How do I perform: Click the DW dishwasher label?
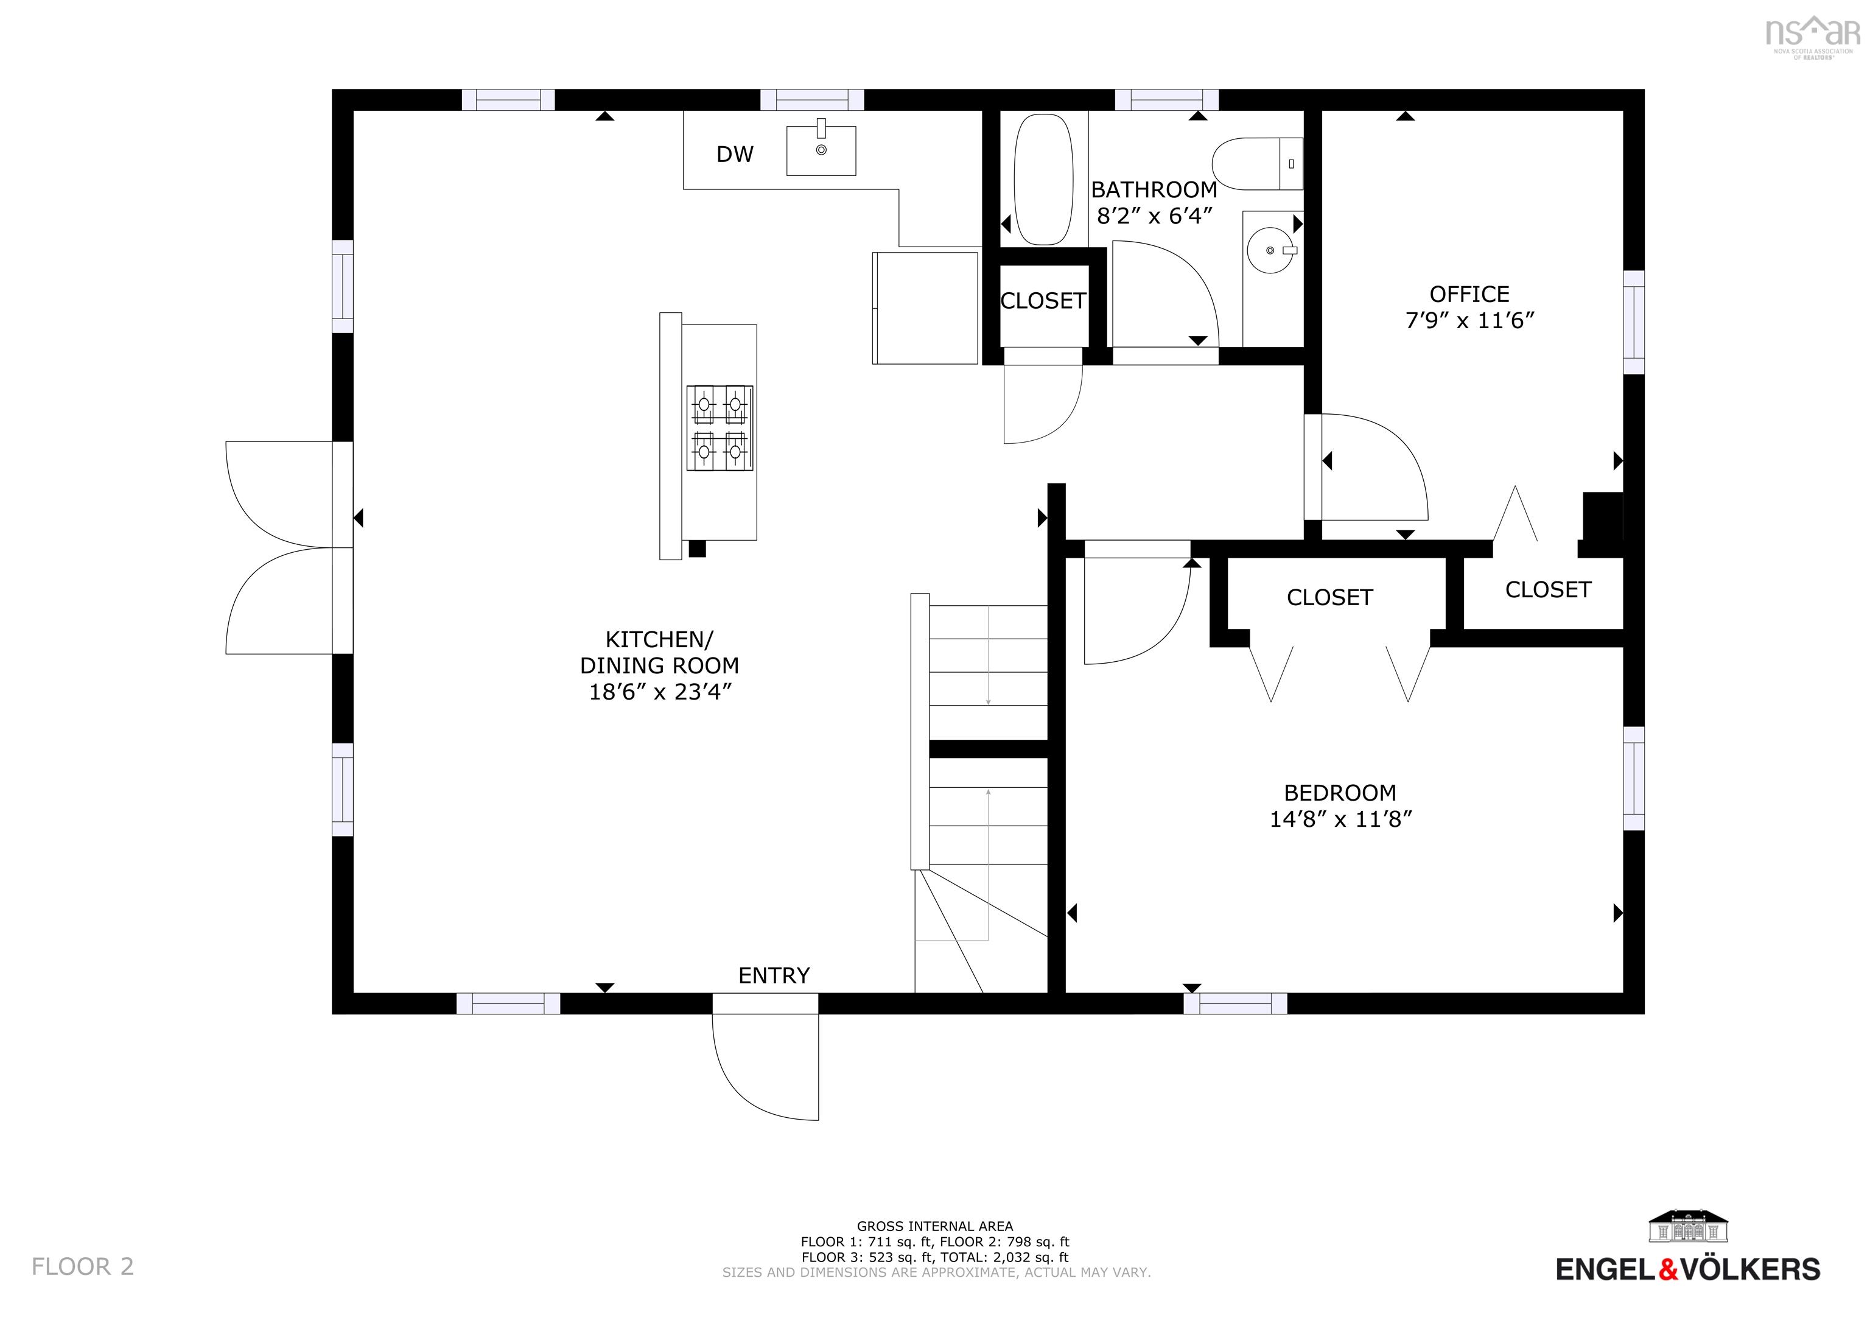[735, 154]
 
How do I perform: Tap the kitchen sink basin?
[821, 151]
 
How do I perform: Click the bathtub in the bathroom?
[1043, 178]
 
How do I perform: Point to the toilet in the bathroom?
[1254, 164]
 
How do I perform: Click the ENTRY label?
[774, 975]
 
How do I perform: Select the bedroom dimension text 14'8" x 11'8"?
[1340, 819]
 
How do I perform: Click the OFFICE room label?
[1469, 294]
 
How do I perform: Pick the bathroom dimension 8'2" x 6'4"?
[1155, 216]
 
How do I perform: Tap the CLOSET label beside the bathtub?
[1043, 301]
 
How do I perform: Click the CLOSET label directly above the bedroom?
[1329, 598]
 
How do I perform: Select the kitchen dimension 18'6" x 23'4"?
[660, 692]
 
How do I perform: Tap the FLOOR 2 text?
[82, 1266]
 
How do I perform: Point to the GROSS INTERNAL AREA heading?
[934, 1226]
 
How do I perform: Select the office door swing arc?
[1385, 465]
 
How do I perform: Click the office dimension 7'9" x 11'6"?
[1469, 320]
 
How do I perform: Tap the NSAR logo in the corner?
[1812, 34]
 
